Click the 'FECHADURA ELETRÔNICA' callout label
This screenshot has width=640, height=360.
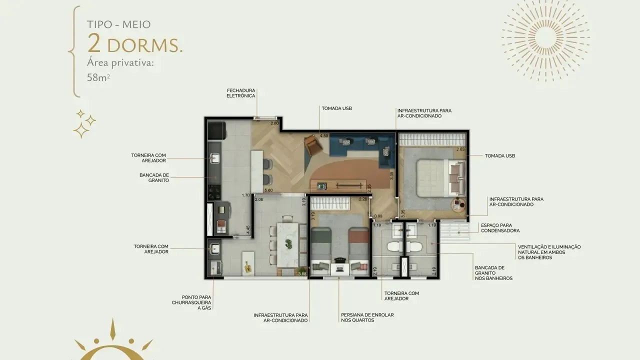(x=241, y=92)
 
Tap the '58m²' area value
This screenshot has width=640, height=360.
(x=98, y=78)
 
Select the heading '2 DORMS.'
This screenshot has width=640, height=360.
(x=135, y=44)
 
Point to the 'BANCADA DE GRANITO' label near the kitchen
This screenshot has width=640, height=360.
(x=154, y=177)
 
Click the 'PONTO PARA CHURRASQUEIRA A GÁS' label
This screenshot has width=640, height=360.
(x=191, y=302)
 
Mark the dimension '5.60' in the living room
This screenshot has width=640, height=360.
(x=268, y=190)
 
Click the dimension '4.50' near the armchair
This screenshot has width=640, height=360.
(x=323, y=135)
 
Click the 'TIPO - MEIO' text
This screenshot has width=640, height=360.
(x=119, y=24)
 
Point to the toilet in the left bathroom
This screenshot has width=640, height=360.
(x=393, y=246)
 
